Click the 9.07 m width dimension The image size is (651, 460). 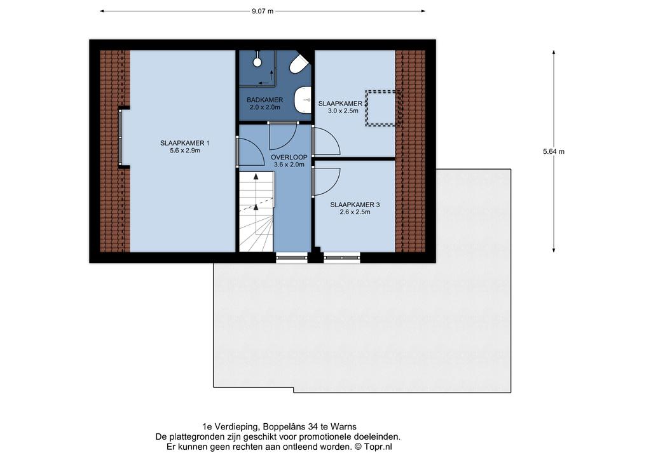point(263,11)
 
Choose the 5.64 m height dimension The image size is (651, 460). point(554,151)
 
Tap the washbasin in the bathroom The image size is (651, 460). point(303,100)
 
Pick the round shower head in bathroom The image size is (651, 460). point(257,62)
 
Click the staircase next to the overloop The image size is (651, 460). point(256,212)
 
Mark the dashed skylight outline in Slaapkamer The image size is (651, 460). point(383,108)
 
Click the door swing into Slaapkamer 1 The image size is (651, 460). point(250,152)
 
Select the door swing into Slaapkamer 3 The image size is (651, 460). point(326,182)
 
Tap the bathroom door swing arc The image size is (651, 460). point(283,137)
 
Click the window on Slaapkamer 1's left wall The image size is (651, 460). point(120,137)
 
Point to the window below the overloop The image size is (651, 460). point(291,257)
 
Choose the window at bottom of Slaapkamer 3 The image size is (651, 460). point(341,257)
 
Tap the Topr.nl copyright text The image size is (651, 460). point(373,447)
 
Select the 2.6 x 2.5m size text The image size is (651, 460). point(355,212)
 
